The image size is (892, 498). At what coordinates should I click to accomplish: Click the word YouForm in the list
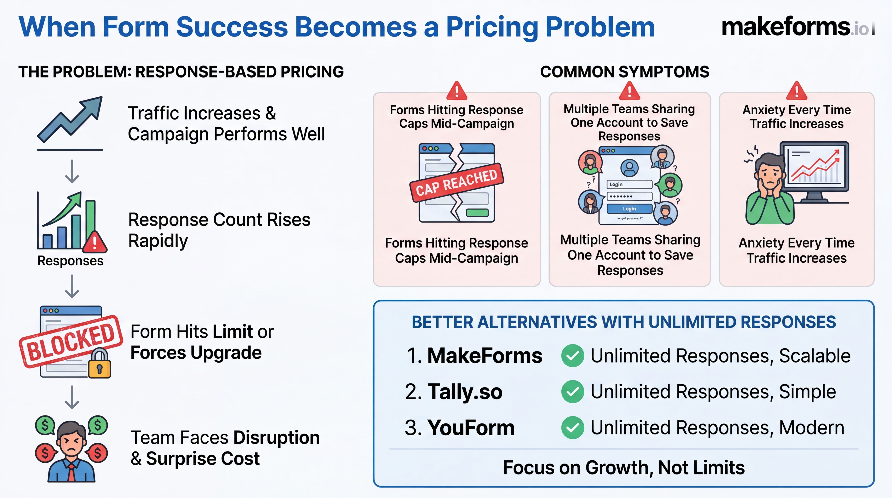471,428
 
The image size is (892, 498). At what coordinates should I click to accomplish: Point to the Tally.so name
465,392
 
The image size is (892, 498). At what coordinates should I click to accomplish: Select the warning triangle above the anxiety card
797,91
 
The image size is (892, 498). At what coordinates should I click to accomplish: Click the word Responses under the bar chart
70,261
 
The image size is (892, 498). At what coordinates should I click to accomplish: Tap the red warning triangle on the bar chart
94,241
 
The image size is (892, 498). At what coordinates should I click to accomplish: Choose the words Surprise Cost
203,459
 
